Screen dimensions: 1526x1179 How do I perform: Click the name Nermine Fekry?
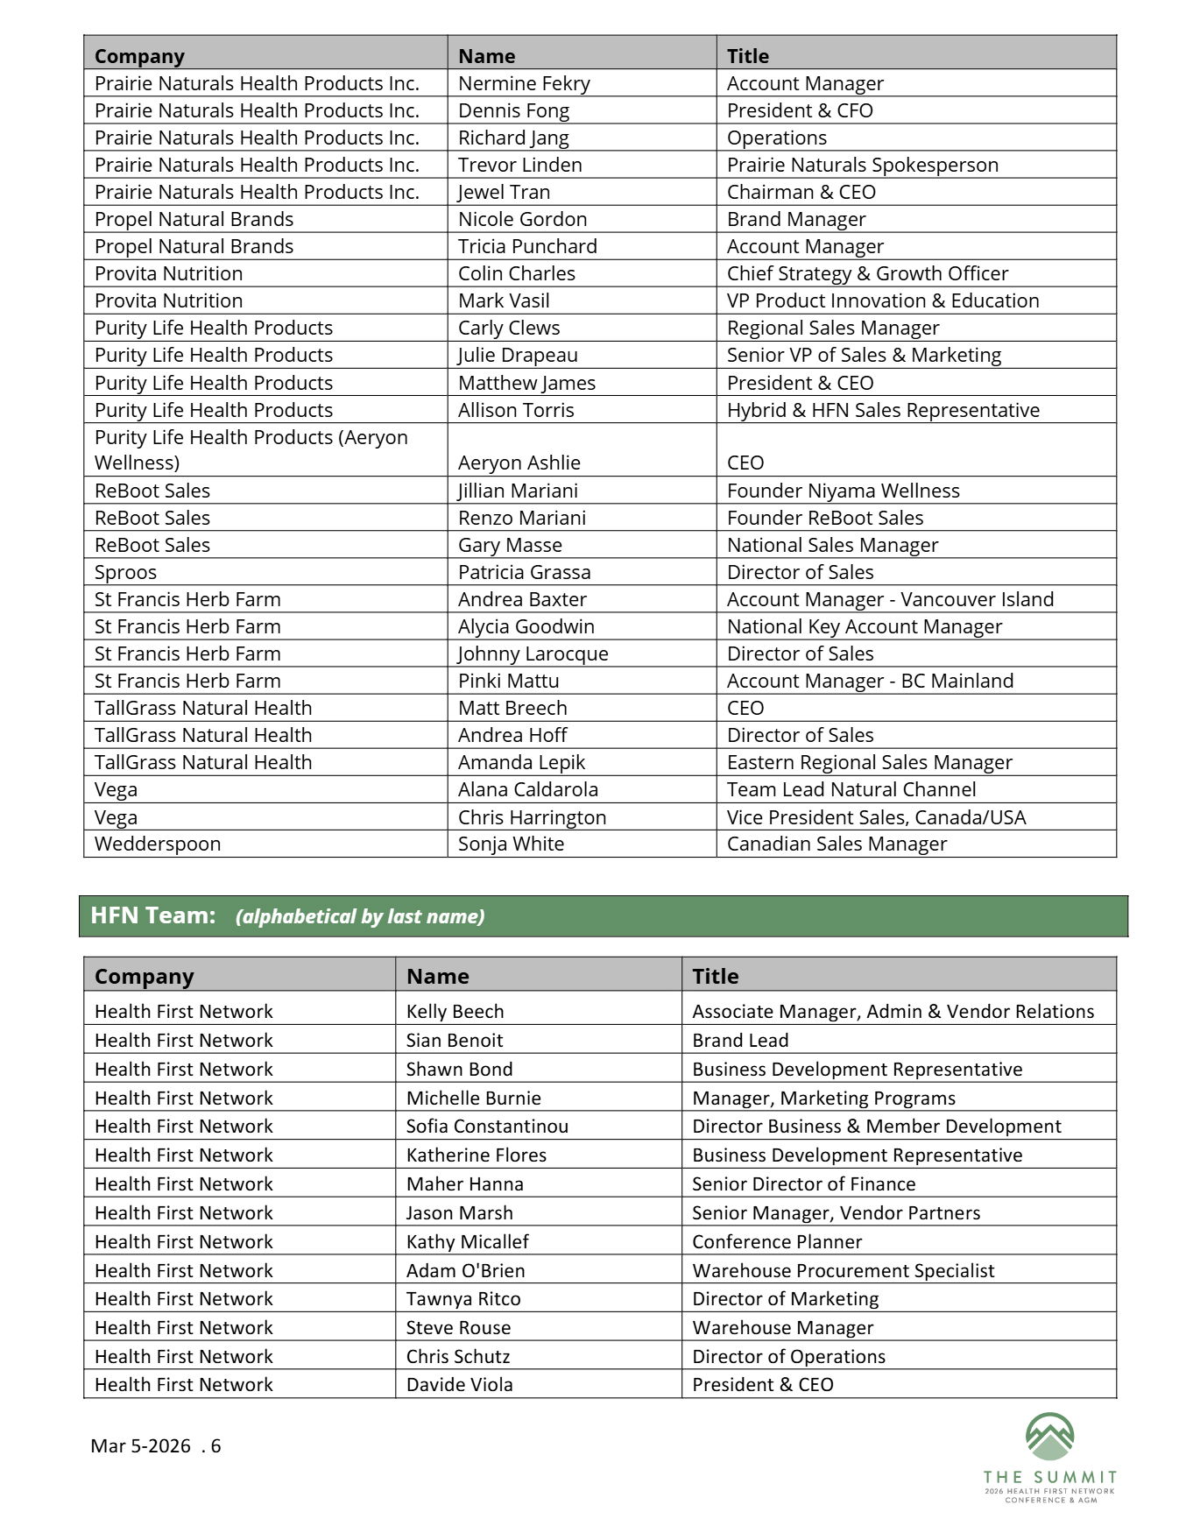pos(524,83)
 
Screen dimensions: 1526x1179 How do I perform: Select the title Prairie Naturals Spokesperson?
pos(862,165)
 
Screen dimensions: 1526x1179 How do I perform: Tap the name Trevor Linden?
pos(519,165)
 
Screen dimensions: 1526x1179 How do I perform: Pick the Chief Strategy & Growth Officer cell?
pos(867,273)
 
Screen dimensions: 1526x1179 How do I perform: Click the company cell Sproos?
pos(125,572)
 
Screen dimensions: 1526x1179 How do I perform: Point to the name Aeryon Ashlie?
pos(519,463)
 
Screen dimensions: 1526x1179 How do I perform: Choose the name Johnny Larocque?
pos(533,653)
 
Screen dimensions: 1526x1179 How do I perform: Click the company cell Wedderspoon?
pos(158,844)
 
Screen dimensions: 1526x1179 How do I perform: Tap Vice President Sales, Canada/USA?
pos(876,817)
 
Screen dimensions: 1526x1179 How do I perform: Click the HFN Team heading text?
pos(152,915)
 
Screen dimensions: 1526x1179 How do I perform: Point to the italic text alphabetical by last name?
pos(360,916)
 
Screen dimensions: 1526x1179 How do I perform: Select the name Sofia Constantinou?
pos(487,1126)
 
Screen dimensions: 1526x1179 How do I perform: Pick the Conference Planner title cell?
pos(777,1241)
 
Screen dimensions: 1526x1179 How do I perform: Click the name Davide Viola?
pos(459,1384)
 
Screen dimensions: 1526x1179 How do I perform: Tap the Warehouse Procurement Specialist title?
pos(843,1270)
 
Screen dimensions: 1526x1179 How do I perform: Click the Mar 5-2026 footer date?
pos(140,1445)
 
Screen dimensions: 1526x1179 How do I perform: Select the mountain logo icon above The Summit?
pos(1049,1438)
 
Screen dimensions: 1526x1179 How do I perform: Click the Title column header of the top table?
pos(747,56)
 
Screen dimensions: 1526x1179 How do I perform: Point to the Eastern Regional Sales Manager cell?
pos(869,762)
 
